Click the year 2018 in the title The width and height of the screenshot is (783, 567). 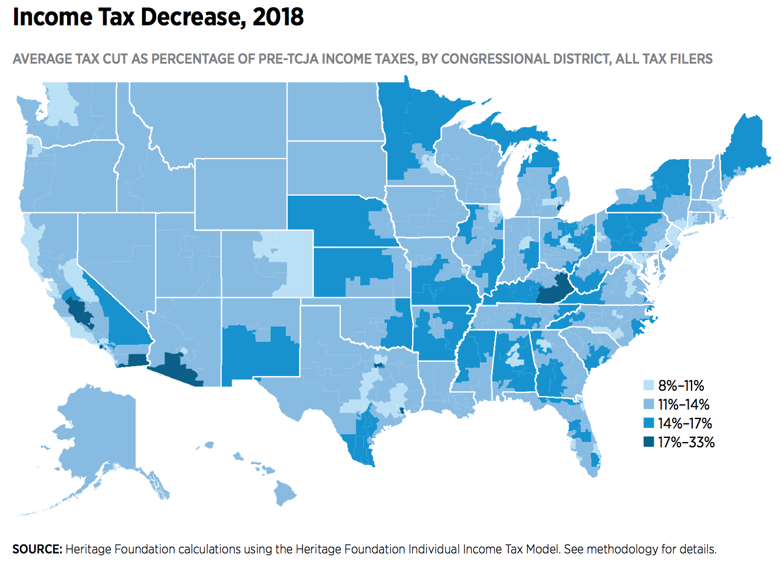pos(278,17)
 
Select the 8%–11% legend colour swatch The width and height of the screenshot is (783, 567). pos(649,385)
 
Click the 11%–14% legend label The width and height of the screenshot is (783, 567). pos(683,404)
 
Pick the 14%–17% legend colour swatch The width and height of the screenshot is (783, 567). pos(649,423)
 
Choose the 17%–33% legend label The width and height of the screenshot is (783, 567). pos(686,442)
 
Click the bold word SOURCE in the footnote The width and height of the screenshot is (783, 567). pos(37,549)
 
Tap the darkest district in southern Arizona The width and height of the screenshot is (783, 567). pos(177,368)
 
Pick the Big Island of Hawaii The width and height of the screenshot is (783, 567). pos(285,493)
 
